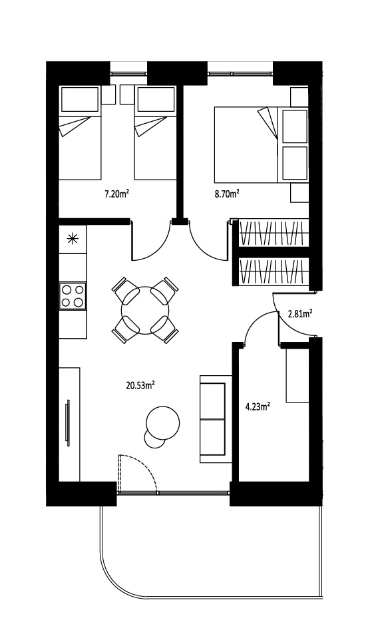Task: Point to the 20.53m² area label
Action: pos(140,385)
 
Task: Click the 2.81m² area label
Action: pos(300,313)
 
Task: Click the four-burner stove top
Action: pos(73,296)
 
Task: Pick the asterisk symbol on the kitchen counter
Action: pos(73,239)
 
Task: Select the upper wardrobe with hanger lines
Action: pos(272,233)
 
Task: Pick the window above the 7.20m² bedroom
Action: pos(129,74)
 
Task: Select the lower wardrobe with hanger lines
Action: pos(272,271)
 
